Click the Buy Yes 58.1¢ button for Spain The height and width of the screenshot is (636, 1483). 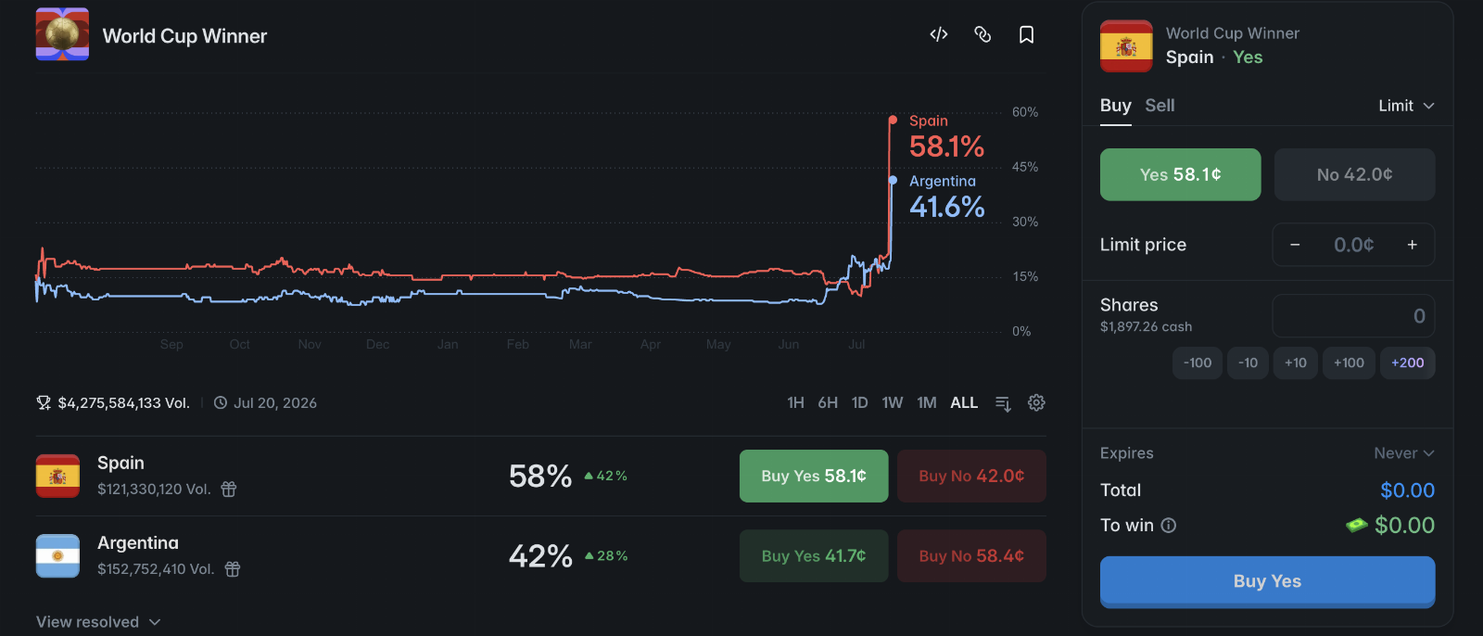pos(814,476)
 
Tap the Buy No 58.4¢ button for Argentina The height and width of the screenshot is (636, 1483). pos(971,556)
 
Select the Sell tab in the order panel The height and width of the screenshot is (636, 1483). pos(1160,106)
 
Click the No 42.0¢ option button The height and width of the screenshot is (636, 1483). pos(1354,174)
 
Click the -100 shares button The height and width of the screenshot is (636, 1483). pos(1197,363)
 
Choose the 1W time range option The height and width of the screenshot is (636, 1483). pos(893,402)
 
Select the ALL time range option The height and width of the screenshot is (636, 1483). pos(964,402)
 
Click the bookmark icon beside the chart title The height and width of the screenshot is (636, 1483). pos(1026,34)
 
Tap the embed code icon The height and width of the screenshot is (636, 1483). pos(939,34)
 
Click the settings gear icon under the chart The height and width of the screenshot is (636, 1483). pos(1036,402)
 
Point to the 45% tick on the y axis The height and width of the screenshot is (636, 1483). pos(1025,167)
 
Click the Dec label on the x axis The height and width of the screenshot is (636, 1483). pos(378,345)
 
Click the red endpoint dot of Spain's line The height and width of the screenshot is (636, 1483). pos(894,120)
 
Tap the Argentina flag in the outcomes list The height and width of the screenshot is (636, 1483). pos(57,556)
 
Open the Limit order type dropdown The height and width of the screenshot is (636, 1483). pos(1406,106)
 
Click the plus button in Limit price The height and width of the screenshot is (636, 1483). pos(1413,245)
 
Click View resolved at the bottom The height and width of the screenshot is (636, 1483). pos(98,622)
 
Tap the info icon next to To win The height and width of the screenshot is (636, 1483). pos(1169,526)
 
